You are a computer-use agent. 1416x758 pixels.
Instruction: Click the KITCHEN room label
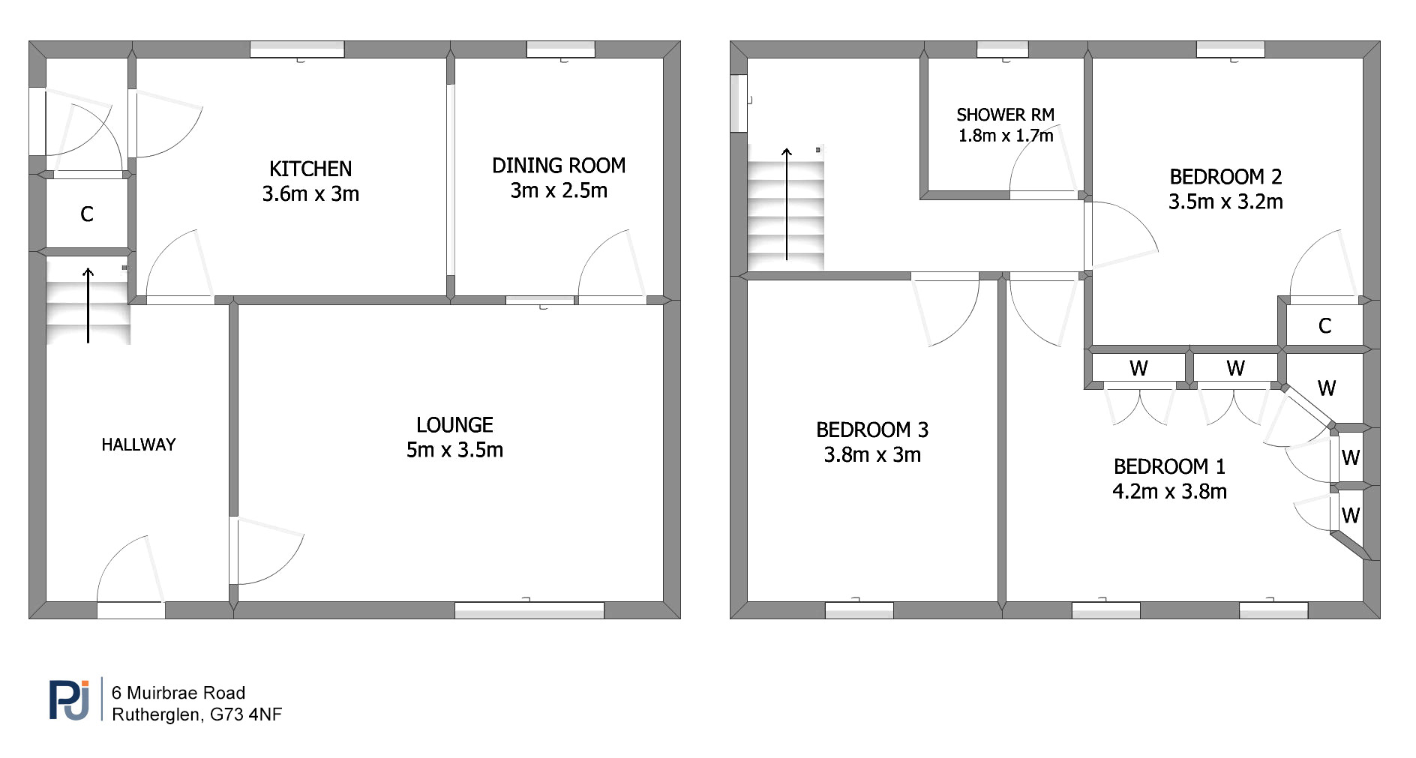point(310,169)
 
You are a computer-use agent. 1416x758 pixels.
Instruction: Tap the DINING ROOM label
point(559,166)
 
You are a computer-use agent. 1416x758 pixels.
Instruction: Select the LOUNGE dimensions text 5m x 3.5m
point(454,450)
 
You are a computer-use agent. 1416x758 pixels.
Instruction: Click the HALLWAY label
point(139,445)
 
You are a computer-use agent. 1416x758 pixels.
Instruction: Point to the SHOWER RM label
point(1006,115)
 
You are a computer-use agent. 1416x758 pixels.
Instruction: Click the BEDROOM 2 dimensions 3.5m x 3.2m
point(1225,202)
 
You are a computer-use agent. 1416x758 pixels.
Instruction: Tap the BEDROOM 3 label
point(872,430)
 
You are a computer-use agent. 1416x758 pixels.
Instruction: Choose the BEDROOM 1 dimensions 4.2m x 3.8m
point(1169,492)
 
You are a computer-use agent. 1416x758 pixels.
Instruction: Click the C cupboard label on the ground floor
point(87,214)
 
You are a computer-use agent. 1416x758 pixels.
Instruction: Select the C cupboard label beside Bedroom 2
point(1325,326)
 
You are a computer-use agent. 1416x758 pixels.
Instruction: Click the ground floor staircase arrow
point(88,305)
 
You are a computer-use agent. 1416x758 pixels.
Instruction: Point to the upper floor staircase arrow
point(787,204)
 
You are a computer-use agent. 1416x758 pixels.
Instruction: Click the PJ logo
point(70,699)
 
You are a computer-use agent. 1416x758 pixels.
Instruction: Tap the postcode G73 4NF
point(246,715)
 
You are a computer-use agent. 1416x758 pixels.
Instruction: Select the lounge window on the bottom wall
point(529,610)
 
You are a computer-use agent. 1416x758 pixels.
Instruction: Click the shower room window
point(1003,49)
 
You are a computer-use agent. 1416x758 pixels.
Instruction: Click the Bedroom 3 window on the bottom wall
point(859,610)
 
